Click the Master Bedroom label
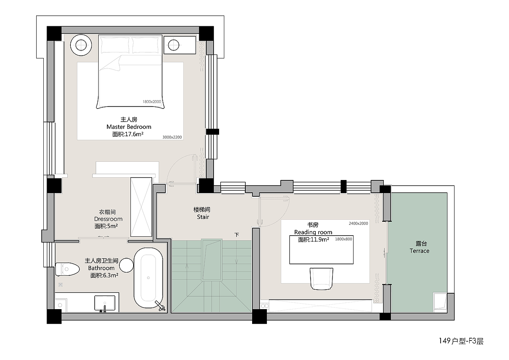pyautogui.click(x=129, y=127)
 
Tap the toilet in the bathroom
pyautogui.click(x=67, y=269)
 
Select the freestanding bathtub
pyautogui.click(x=148, y=278)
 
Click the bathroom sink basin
pyautogui.click(x=105, y=303)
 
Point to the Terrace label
pyautogui.click(x=420, y=251)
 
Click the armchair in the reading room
pyautogui.click(x=321, y=279)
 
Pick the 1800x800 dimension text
pyautogui.click(x=343, y=239)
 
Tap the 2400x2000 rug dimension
pyautogui.click(x=358, y=223)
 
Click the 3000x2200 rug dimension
pyautogui.click(x=172, y=137)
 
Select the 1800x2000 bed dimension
pyautogui.click(x=152, y=102)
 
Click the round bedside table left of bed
pyautogui.click(x=81, y=45)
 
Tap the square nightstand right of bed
pyautogui.click(x=180, y=45)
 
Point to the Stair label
pyautogui.click(x=203, y=217)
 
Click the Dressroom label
pyautogui.click(x=109, y=219)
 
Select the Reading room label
pyautogui.click(x=313, y=232)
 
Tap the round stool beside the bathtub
pyautogui.click(x=126, y=265)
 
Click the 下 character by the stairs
pyautogui.click(x=237, y=235)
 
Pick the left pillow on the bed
pyautogui.click(x=115, y=45)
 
